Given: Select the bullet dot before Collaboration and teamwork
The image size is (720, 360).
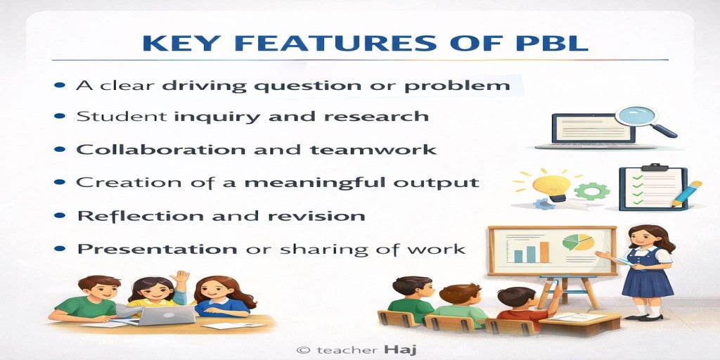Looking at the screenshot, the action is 59,149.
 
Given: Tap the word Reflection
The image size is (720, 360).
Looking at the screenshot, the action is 138,215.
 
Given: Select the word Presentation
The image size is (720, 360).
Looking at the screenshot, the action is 157,248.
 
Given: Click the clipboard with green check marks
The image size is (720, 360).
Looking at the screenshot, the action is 653,188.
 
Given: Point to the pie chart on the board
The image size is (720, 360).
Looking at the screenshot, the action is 578,242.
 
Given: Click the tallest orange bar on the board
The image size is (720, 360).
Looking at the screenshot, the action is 545,252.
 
